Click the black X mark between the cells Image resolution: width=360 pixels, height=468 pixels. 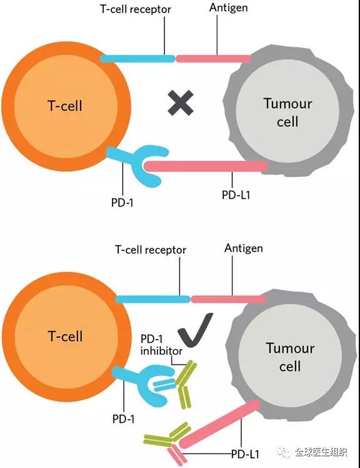[x=181, y=103]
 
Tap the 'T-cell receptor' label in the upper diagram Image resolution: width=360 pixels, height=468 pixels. [x=136, y=9]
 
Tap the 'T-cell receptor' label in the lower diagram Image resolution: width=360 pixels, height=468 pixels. [x=151, y=250]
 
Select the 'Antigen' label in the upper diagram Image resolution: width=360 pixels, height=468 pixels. [x=229, y=8]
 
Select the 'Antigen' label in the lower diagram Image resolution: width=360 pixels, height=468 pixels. [x=244, y=248]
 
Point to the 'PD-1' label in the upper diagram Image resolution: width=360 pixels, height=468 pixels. [x=122, y=203]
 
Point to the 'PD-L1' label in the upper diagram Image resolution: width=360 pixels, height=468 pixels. [x=236, y=195]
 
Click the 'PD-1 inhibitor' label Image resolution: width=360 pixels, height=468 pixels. [x=161, y=345]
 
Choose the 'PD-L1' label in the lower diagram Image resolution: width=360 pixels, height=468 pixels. [x=245, y=454]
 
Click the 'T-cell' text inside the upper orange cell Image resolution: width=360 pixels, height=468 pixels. [x=65, y=106]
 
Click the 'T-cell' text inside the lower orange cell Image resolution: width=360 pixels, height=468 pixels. [x=66, y=336]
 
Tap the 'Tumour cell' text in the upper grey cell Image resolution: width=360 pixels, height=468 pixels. [x=288, y=113]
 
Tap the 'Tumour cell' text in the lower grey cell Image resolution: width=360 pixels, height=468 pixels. [x=290, y=357]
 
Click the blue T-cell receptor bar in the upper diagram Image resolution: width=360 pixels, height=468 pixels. [x=137, y=59]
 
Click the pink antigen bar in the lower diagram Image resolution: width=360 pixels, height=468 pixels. [x=228, y=299]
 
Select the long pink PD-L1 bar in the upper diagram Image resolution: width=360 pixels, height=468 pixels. [x=206, y=166]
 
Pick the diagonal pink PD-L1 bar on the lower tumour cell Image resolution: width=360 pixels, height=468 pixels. [x=219, y=424]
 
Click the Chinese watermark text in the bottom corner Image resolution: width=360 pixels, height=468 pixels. [x=321, y=452]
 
